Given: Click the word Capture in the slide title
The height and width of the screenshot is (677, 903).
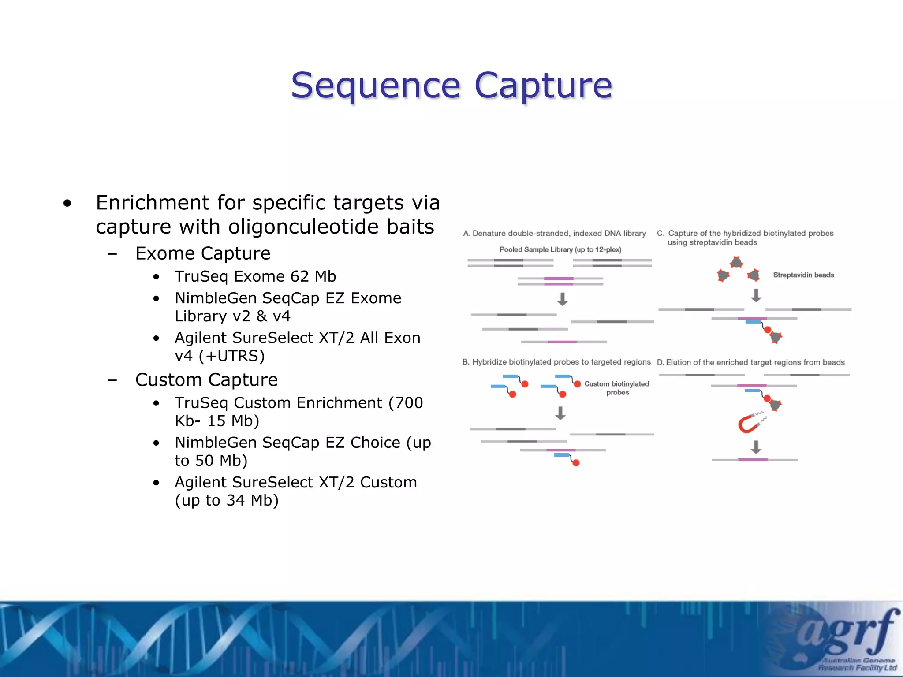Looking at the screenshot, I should [x=543, y=86].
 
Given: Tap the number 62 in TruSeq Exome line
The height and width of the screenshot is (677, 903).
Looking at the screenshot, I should [x=299, y=276].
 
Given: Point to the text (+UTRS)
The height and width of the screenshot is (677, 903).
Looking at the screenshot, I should [x=231, y=356].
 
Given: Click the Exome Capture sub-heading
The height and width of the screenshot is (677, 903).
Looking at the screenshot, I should [x=203, y=253].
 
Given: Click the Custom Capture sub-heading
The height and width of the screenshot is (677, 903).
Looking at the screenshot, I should [x=206, y=380].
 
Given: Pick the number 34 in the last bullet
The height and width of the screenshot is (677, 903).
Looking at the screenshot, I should [x=235, y=500].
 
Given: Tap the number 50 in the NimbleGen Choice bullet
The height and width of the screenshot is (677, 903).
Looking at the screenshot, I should [x=205, y=461].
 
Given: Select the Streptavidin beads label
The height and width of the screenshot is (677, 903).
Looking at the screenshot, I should [x=803, y=275].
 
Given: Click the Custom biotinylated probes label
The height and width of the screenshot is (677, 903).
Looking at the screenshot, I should [x=617, y=388].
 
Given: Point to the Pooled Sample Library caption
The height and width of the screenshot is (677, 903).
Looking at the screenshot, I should [x=560, y=249].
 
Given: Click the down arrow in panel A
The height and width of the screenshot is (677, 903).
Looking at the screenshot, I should [x=562, y=299].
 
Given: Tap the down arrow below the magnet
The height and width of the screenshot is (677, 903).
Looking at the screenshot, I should [x=756, y=447].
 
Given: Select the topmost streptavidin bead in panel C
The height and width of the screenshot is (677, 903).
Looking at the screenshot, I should [x=736, y=263].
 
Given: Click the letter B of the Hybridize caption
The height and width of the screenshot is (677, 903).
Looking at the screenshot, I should [x=465, y=362].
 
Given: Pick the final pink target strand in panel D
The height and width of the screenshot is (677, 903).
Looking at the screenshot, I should [x=753, y=460].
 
